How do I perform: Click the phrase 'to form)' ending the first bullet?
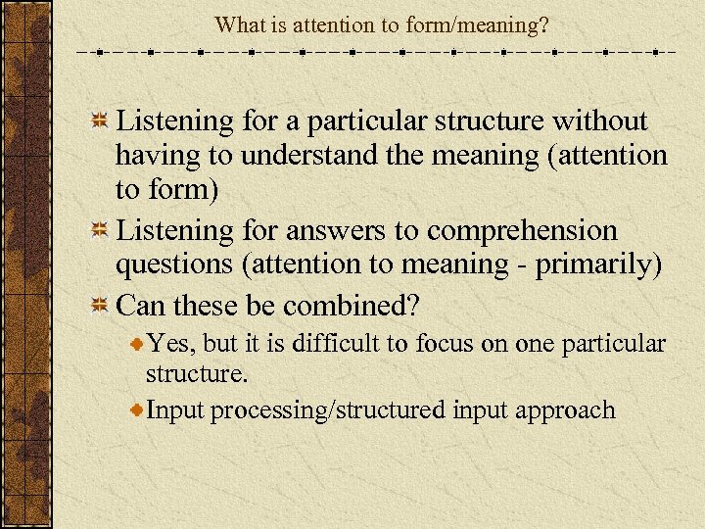[167, 190]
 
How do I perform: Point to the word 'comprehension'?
[523, 231]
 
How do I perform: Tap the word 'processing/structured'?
[328, 409]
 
